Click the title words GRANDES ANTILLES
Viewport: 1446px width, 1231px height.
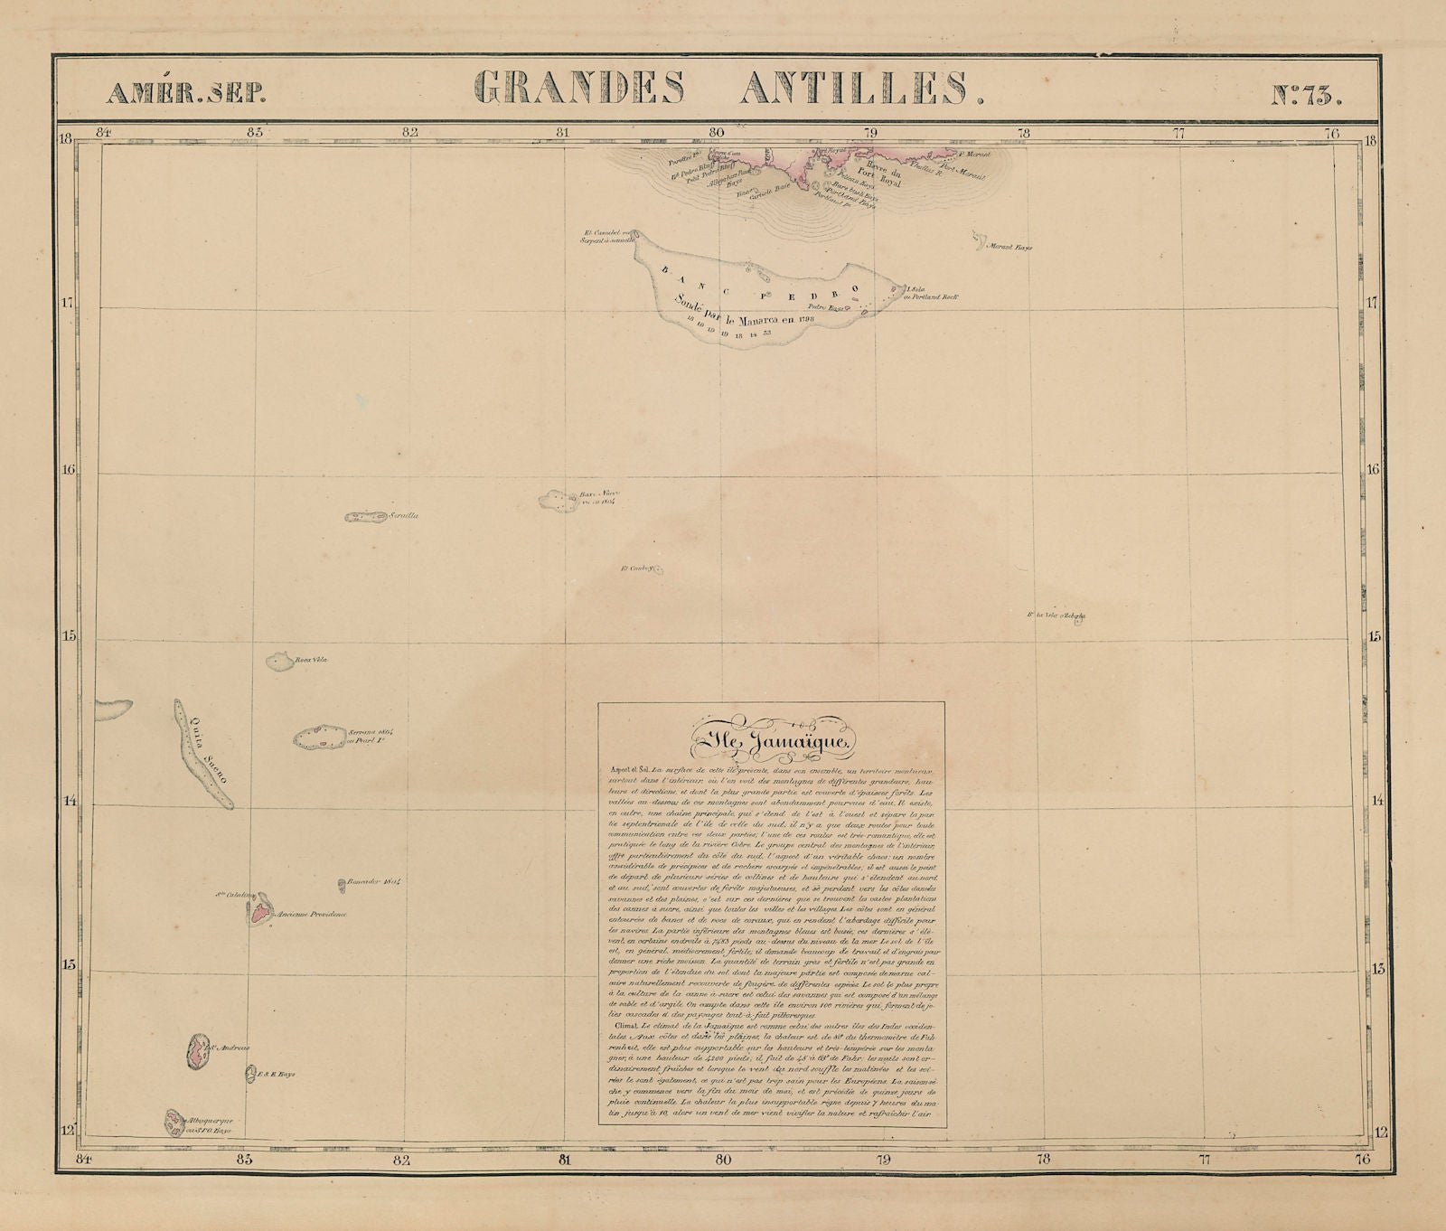click(728, 89)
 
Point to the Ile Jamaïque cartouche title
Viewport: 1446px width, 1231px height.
click(771, 744)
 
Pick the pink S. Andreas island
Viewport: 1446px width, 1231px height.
click(195, 1050)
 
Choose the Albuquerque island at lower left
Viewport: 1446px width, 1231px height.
click(174, 1122)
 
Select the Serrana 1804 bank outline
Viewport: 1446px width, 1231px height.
click(317, 737)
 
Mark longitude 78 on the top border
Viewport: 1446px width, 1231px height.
click(1023, 134)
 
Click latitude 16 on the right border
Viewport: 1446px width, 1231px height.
click(1373, 469)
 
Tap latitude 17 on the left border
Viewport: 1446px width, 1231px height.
click(65, 304)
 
